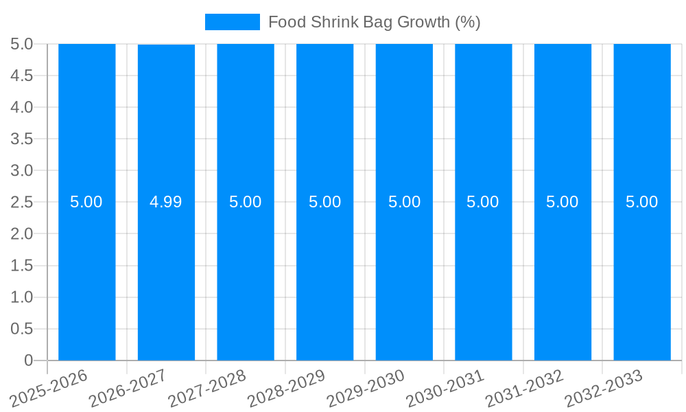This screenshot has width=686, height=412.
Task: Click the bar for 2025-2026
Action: [x=86, y=275]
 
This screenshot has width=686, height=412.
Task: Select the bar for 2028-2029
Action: [x=324, y=275]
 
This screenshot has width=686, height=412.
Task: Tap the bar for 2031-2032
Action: [x=563, y=275]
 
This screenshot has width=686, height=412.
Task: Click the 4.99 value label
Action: [x=166, y=202]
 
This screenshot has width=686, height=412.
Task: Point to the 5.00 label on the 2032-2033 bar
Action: [x=641, y=202]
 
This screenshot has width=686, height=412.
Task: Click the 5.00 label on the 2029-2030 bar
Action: [x=404, y=202]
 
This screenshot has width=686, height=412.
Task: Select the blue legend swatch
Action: [x=232, y=22]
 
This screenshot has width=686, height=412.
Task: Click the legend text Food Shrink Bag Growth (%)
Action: [x=374, y=22]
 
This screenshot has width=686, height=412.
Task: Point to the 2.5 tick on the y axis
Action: [x=22, y=202]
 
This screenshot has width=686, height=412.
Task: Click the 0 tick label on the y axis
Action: [x=28, y=360]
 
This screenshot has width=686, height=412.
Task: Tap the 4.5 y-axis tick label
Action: [x=22, y=76]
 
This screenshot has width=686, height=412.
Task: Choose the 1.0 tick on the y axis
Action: [x=22, y=297]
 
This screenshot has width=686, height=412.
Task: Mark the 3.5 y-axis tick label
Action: [x=22, y=139]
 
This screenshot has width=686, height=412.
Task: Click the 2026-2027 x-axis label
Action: [x=129, y=389]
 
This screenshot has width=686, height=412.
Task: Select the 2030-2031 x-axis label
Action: [x=446, y=389]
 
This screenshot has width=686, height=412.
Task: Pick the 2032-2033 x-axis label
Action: [x=604, y=389]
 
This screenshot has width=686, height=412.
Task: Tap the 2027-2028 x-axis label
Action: [x=208, y=389]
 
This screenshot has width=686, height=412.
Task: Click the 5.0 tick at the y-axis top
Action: [x=22, y=44]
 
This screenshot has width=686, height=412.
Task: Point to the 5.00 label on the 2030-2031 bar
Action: [x=483, y=202]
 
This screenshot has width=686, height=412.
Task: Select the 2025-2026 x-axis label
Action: [x=49, y=389]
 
